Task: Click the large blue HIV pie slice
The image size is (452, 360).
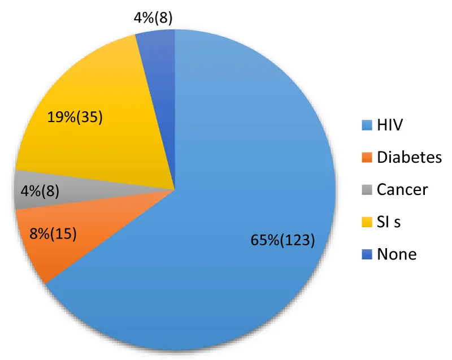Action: (x=237, y=170)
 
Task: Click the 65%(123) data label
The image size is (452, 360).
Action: (x=282, y=240)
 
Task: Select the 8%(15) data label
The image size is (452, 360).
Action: (x=54, y=232)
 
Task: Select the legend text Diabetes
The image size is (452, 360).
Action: (x=409, y=157)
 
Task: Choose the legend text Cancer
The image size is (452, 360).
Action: (x=402, y=189)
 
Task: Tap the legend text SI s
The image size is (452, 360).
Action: (x=389, y=222)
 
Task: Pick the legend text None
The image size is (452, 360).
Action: (x=397, y=254)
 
